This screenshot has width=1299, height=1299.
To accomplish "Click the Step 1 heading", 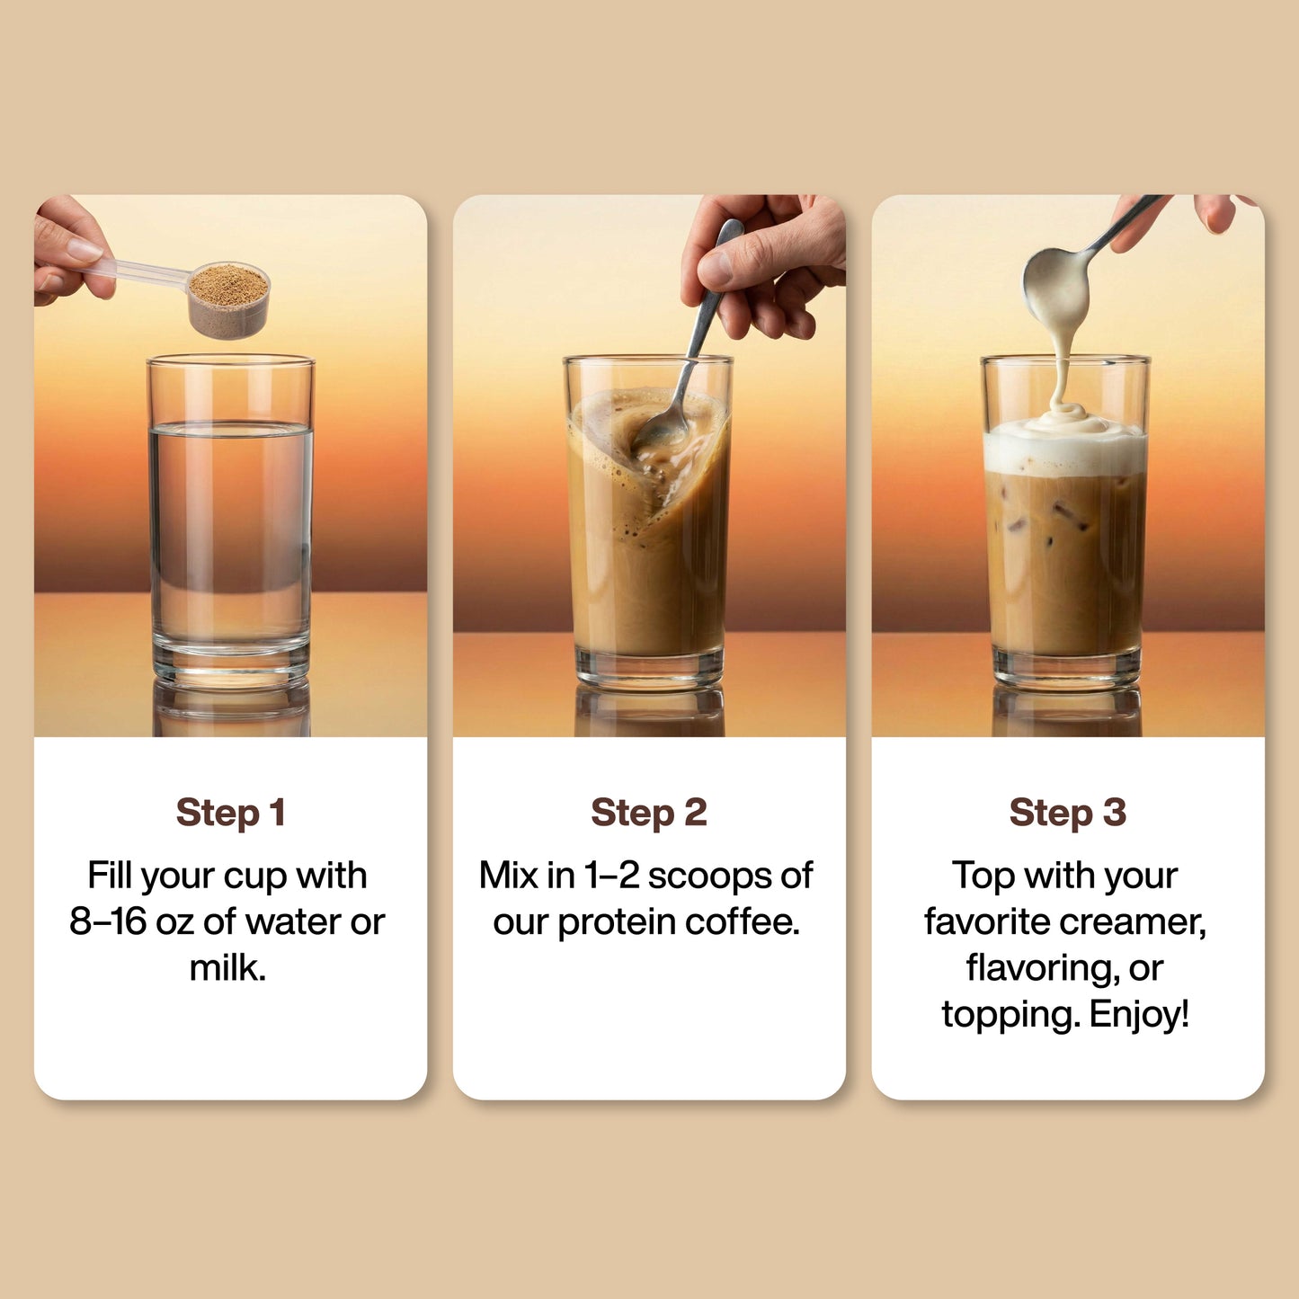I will tap(230, 813).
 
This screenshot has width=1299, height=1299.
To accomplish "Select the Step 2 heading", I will tap(648, 813).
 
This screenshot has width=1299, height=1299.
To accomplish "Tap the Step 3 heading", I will tap(1067, 813).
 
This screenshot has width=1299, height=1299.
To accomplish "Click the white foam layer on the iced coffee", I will tap(1065, 449).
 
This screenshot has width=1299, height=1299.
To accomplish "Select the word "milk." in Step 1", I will tap(227, 968).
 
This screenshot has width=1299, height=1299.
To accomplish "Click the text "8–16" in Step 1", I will tap(108, 922).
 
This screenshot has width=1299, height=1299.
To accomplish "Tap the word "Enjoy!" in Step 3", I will tap(1139, 1015).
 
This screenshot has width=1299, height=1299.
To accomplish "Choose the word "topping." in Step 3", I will tap(1010, 1015).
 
